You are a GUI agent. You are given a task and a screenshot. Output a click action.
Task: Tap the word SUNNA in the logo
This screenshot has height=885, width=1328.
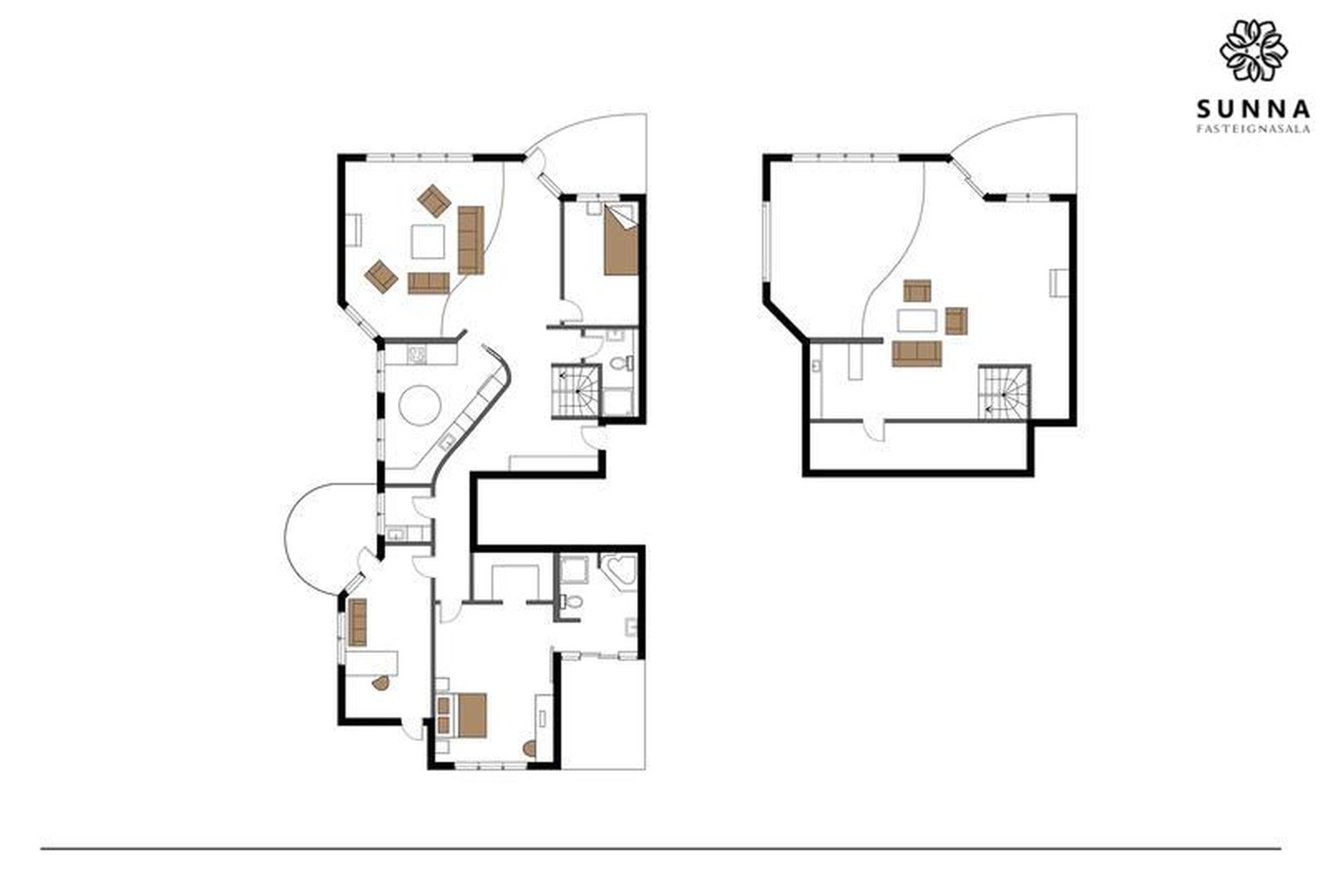pos(1253,109)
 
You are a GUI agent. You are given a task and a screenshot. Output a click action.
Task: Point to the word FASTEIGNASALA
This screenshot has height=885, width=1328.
pos(1253,129)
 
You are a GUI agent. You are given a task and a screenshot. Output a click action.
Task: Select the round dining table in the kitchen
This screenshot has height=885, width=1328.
pos(420,407)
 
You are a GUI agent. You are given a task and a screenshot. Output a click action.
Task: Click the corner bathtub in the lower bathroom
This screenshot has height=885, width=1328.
pos(619,571)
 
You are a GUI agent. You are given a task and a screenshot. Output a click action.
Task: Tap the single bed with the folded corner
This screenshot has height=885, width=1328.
pos(621,240)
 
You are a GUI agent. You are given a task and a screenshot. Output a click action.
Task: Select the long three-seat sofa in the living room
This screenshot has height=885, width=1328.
pos(470,239)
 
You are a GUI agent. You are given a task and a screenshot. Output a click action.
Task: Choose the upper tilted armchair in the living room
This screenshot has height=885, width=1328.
pos(434,199)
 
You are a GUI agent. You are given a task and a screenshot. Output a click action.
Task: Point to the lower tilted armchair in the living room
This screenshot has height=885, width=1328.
pos(381,276)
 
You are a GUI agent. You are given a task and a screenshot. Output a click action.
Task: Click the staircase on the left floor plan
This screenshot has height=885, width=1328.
pos(575,391)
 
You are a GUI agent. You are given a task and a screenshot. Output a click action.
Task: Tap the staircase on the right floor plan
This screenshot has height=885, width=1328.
pos(1004,392)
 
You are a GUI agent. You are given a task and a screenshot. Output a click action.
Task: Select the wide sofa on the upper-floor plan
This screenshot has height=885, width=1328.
pos(917,353)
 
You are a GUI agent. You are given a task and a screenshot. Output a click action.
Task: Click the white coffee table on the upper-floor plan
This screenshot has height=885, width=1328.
pos(917,321)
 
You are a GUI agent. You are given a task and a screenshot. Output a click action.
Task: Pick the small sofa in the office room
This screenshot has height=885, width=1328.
pos(357,622)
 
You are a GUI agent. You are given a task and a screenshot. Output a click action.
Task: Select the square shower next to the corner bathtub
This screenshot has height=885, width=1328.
pos(575,569)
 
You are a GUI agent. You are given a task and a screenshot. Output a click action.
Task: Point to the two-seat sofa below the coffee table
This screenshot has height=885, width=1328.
pos(428,283)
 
